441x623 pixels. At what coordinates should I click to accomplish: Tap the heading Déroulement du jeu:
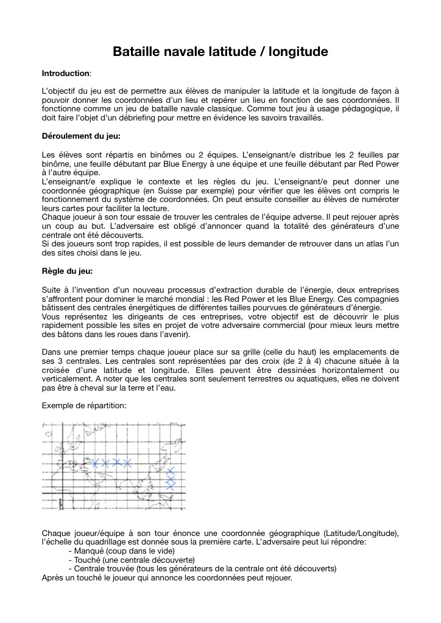tap(81, 136)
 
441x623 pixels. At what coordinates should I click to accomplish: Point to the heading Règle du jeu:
tap(68, 271)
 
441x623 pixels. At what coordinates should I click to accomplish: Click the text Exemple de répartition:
tap(84, 405)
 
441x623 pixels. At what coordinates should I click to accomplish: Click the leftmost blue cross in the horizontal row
tap(95, 463)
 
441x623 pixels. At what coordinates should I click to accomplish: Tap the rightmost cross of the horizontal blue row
tap(127, 463)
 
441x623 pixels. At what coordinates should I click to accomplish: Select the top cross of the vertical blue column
tap(171, 471)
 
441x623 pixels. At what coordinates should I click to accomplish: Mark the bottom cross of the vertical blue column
tap(171, 486)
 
